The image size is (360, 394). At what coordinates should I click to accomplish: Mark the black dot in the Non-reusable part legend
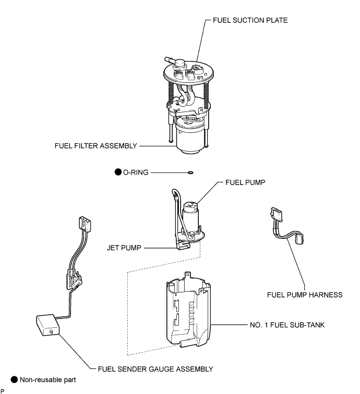click(x=7, y=380)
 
